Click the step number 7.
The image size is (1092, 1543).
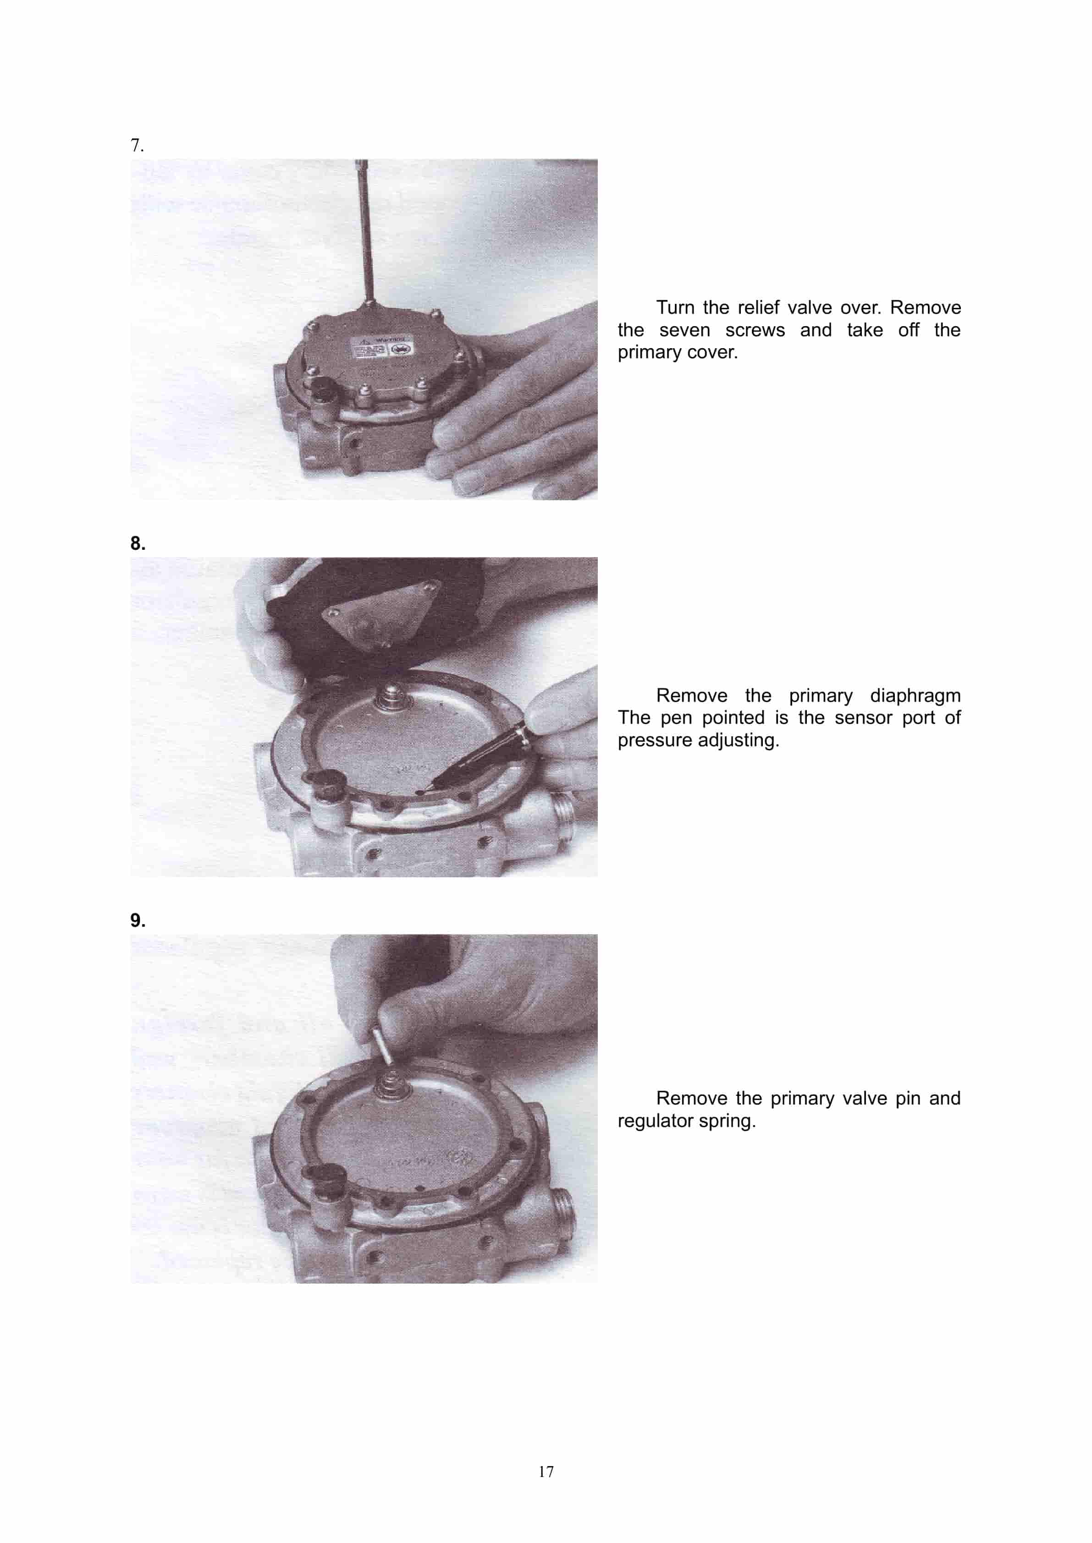coord(137,145)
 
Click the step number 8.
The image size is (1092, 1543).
coord(137,543)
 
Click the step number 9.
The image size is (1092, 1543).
coord(137,920)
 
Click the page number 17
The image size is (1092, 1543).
coord(546,1472)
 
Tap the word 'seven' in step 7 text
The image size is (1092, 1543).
coord(684,330)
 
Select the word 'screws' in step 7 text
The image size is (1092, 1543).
coord(755,330)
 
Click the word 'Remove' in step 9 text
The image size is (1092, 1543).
coord(691,1098)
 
